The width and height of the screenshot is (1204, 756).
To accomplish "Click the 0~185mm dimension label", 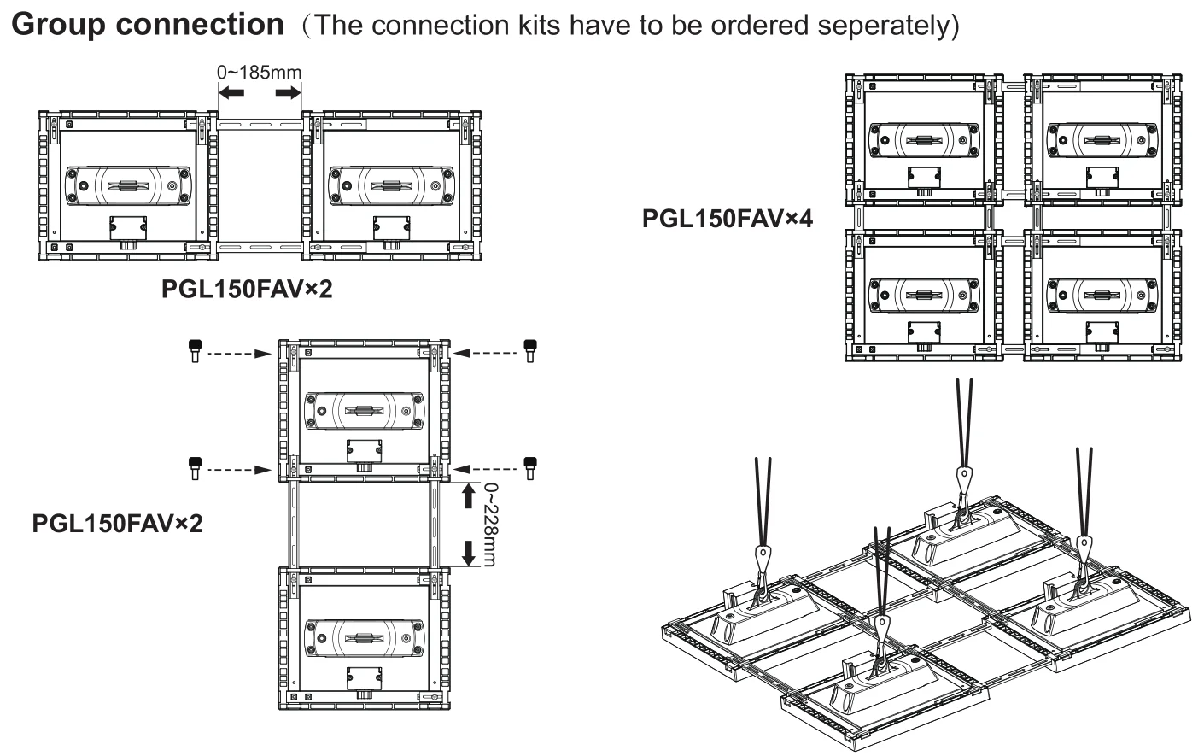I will tap(259, 72).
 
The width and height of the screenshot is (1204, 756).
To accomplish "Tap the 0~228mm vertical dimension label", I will tap(490, 524).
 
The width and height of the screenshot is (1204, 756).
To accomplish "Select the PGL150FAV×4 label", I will tap(727, 219).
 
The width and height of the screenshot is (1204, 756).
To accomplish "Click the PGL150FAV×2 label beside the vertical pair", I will tap(117, 522).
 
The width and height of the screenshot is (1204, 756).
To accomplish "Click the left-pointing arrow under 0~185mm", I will tap(231, 91).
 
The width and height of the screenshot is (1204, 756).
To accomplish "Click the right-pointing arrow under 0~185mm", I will tap(288, 91).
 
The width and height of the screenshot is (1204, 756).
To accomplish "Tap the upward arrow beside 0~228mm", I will tap(468, 495).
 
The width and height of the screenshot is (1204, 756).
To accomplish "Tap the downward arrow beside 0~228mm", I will tap(468, 552).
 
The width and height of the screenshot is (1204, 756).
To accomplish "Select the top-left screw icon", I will tap(194, 350).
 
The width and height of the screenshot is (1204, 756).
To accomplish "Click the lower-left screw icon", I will tap(194, 467).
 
